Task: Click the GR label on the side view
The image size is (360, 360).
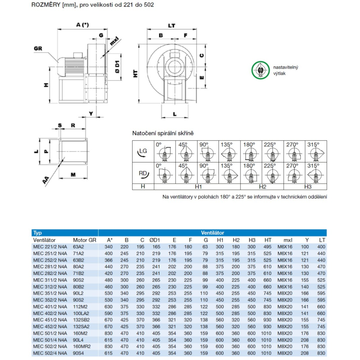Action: (x=39, y=49)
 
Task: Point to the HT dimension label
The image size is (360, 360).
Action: (x=135, y=73)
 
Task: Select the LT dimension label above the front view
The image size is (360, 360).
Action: (x=172, y=25)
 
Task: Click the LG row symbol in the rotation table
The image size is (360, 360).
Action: (x=143, y=152)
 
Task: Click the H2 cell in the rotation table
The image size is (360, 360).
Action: (x=262, y=187)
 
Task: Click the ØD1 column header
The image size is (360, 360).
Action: (x=154, y=240)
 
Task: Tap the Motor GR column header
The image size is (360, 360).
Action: (x=85, y=240)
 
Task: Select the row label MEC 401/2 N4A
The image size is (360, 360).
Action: (x=50, y=307)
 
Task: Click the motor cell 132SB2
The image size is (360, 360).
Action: (x=81, y=320)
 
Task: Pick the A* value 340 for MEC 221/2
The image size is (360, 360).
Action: (x=108, y=247)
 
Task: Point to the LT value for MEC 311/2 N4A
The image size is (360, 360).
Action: (x=321, y=280)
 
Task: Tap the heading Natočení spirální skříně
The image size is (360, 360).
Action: (x=163, y=133)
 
